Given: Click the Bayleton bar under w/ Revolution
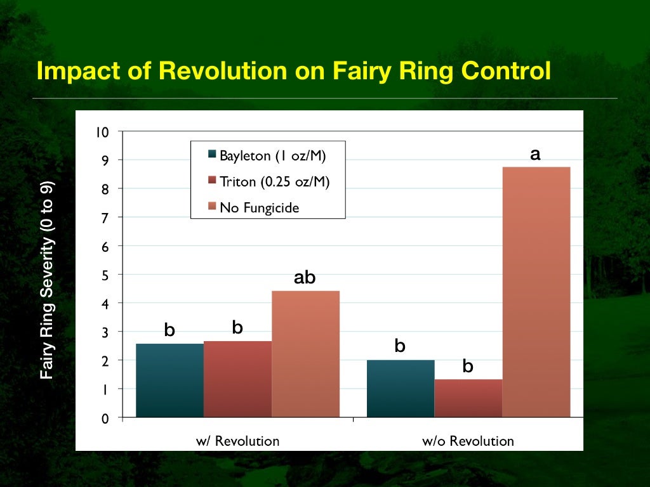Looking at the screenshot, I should [x=169, y=380].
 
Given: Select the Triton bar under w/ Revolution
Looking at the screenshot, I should [x=237, y=379].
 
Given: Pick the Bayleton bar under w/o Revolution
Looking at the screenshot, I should [x=401, y=388].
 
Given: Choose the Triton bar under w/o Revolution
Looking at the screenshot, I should [x=468, y=398].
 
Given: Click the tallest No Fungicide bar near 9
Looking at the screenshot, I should [x=536, y=292].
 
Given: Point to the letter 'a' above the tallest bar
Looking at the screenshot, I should [x=535, y=154].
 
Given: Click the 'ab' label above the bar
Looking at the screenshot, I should [x=305, y=278].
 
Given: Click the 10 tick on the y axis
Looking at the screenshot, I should [x=102, y=133].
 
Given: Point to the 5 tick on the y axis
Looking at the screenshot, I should [x=105, y=275].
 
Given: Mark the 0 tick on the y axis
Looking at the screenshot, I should [x=105, y=419].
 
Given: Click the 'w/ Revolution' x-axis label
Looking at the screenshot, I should [x=237, y=441].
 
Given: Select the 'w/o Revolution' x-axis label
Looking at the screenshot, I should [x=468, y=441].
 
